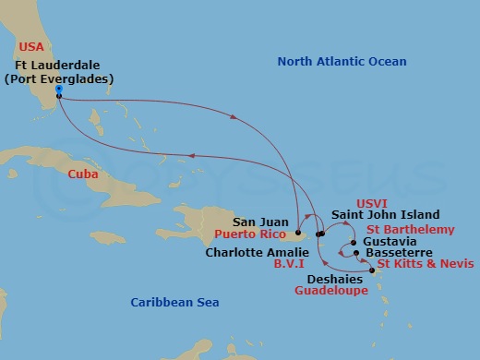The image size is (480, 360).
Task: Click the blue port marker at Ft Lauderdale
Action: (57, 90)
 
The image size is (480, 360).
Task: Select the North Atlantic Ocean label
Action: (342, 62)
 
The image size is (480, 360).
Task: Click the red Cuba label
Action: (84, 173)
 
